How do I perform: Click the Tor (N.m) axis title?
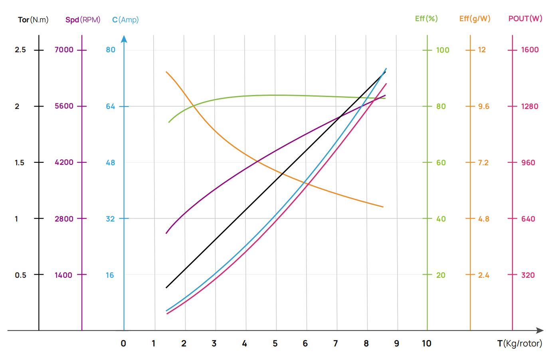(33, 20)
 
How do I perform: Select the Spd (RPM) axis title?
(83, 20)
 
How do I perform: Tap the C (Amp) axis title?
(125, 20)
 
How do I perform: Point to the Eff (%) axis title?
(426, 18)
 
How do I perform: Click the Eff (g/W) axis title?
(475, 18)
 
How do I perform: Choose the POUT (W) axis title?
(525, 18)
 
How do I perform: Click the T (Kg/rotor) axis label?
(520, 343)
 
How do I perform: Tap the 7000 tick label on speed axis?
(64, 49)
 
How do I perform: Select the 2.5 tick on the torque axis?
(20, 49)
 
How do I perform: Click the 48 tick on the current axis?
(111, 162)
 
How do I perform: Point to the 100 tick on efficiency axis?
(443, 50)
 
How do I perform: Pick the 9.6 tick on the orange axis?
(484, 106)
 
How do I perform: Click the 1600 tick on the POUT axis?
(530, 49)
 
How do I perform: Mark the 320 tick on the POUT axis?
(528, 275)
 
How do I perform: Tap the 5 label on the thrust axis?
(275, 343)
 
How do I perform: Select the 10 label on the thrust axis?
(426, 343)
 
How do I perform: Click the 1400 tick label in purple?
(63, 275)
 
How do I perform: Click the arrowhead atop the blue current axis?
(124, 39)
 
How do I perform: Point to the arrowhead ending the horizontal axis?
(540, 330)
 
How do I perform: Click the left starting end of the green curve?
(169, 122)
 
